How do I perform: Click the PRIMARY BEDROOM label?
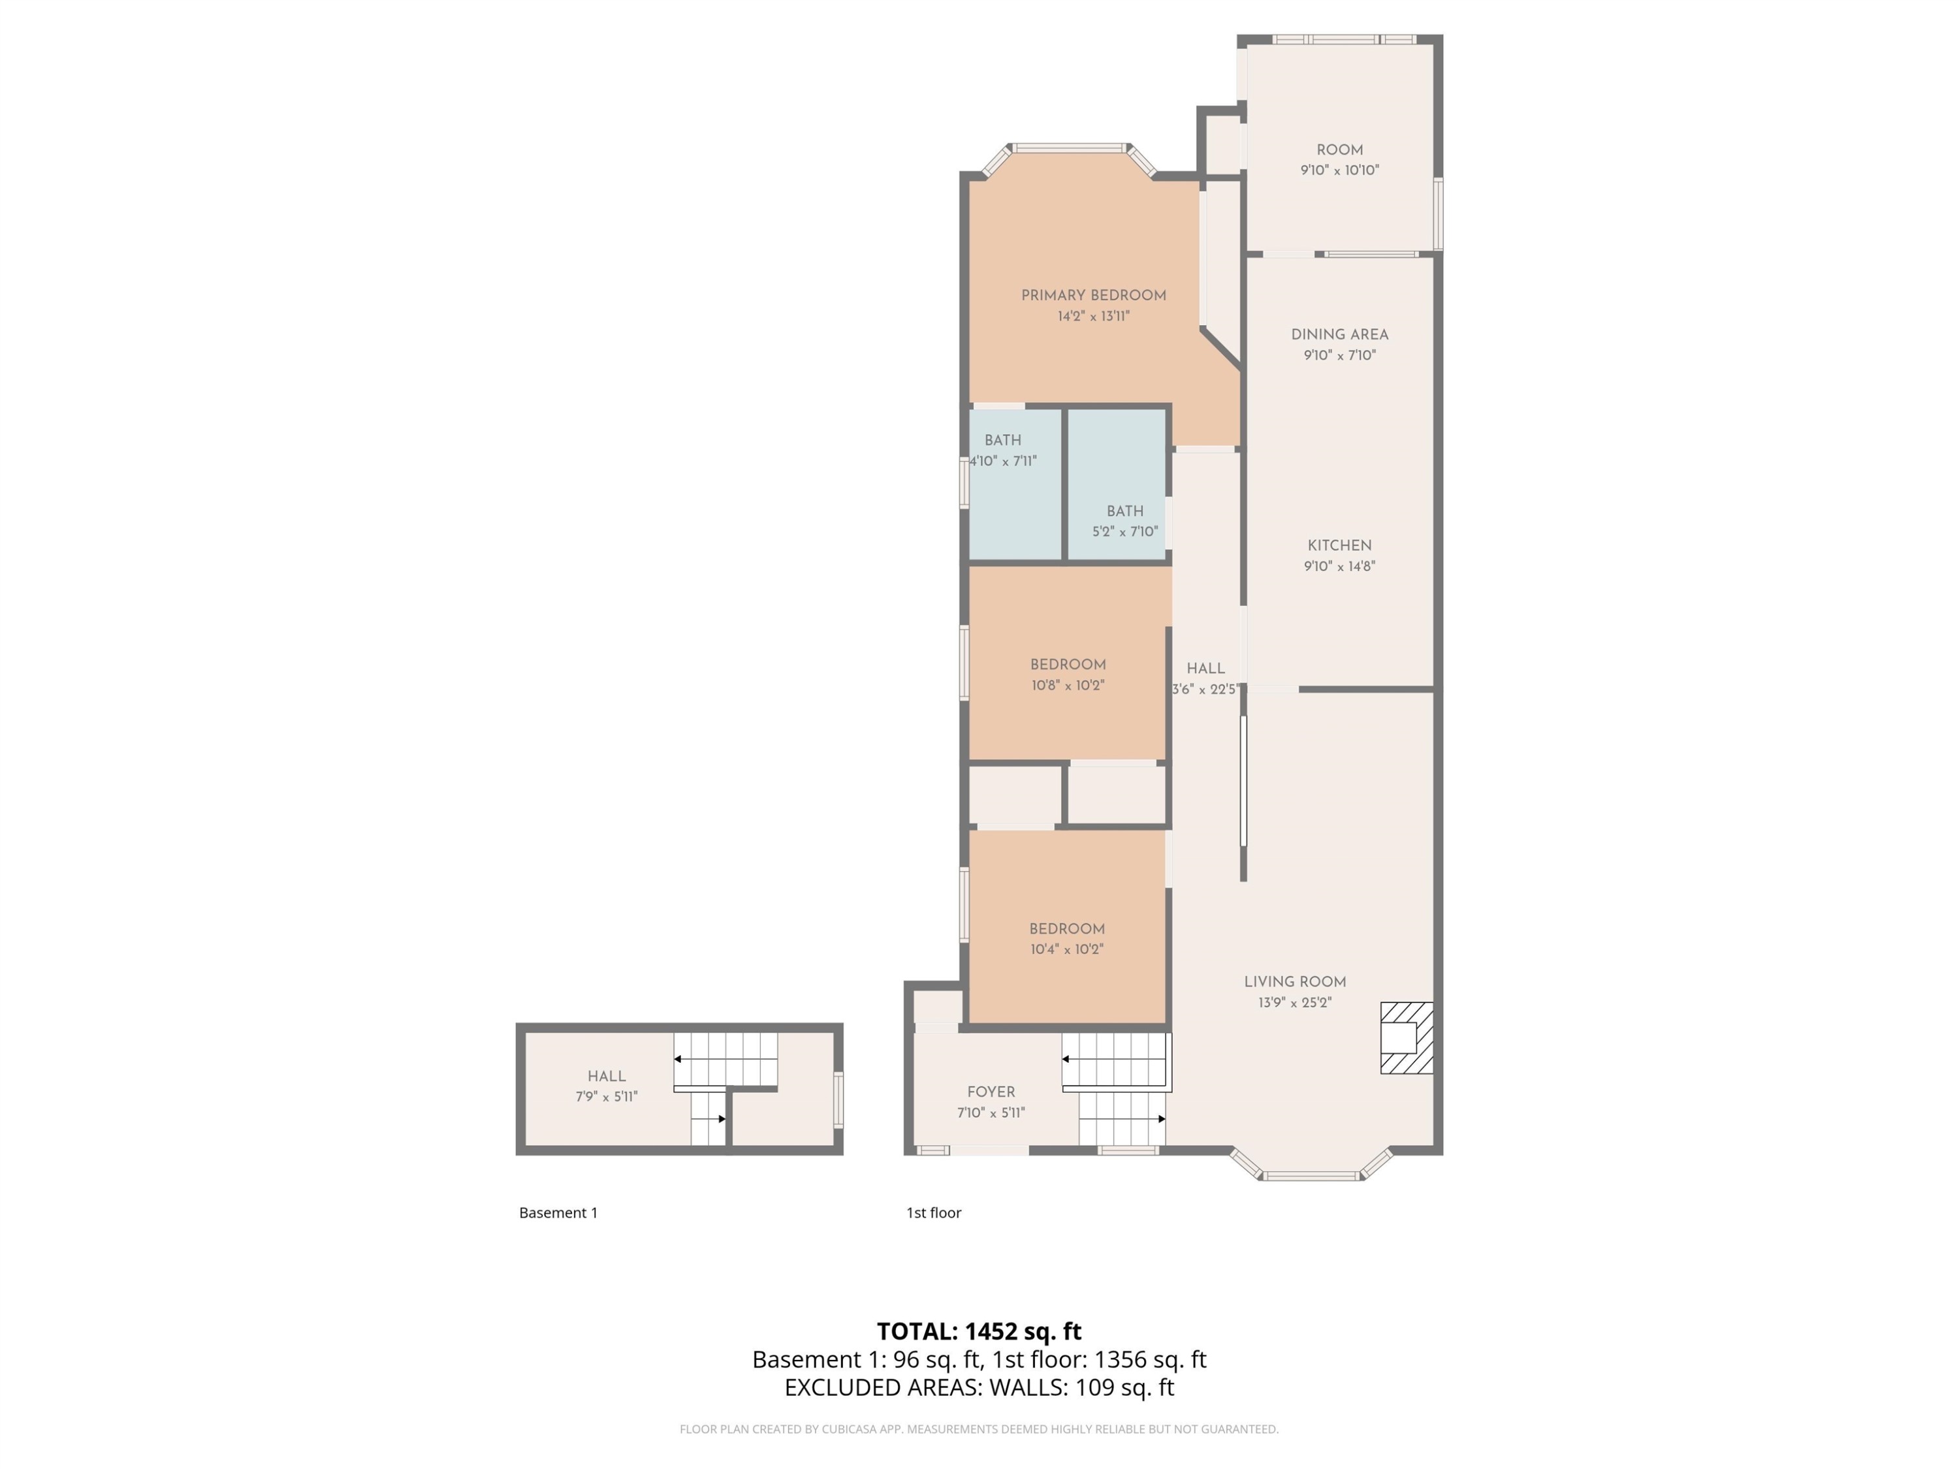coord(1093,296)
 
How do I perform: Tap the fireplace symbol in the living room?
coord(1407,1038)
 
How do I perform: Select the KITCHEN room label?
coord(1339,546)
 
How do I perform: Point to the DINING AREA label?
coord(1339,335)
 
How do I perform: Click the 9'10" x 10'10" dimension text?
coord(1339,170)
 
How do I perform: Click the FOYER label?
coord(991,1093)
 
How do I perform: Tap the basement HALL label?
coord(607,1077)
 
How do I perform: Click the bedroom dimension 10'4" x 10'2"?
coord(1066,949)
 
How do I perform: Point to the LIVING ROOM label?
coord(1295,982)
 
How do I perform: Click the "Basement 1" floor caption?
coord(558,1213)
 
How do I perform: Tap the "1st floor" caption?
coord(933,1213)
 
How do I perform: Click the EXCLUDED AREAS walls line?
coord(979,1387)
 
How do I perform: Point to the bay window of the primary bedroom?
coord(1070,149)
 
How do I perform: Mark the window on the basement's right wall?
coord(838,1099)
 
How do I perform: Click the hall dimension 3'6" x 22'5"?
coord(1204,690)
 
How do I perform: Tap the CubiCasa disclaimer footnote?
coord(979,1429)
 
